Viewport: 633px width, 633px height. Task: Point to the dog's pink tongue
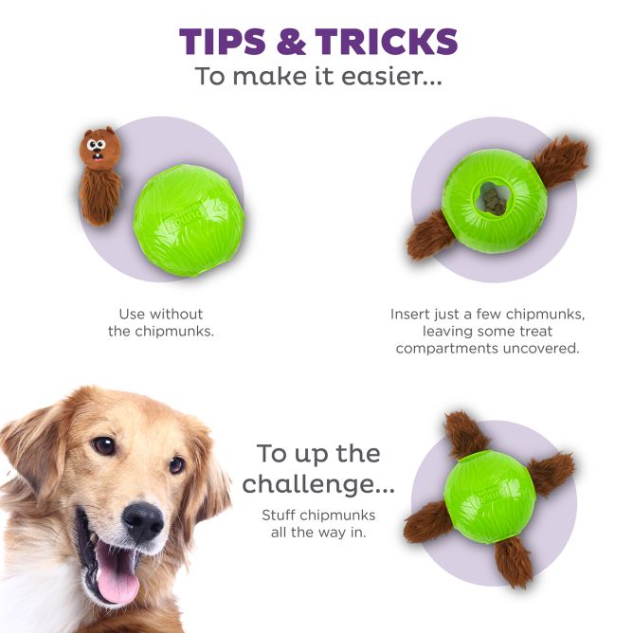coord(117,581)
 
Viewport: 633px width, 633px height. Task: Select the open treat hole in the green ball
coord(493,197)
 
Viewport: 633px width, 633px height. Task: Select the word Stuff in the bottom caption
coord(280,515)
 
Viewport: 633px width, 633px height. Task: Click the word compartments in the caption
coord(445,348)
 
